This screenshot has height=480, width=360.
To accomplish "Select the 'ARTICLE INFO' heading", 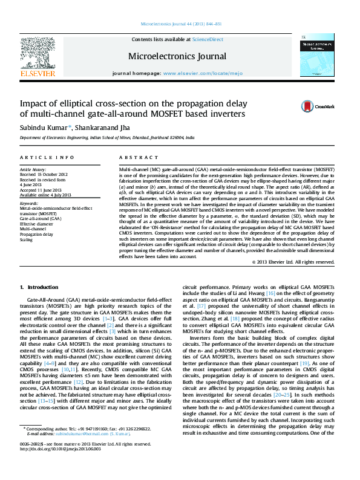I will tap(40, 157).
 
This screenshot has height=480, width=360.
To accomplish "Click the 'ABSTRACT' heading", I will tap(136, 157).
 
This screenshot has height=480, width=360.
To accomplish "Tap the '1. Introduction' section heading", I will tap(39, 286).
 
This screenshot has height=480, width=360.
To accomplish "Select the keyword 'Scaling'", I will tap(27, 240).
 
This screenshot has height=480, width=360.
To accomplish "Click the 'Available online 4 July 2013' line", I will tap(45, 195).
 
